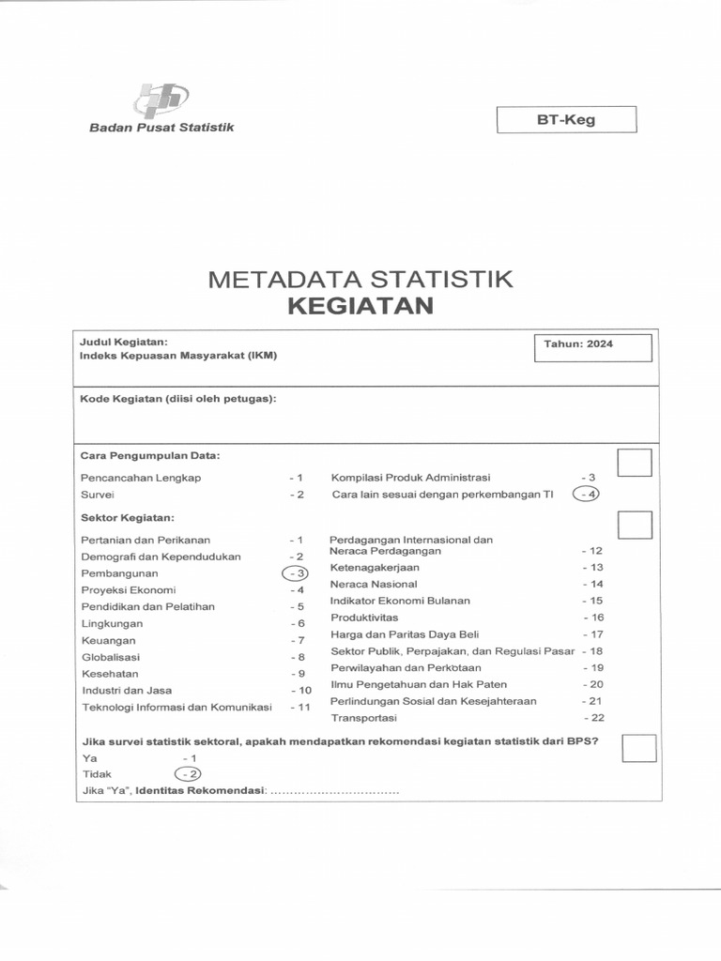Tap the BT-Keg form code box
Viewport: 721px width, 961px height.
[x=566, y=120]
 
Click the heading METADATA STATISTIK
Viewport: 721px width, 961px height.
[x=360, y=279]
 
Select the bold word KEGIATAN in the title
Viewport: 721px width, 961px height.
[x=360, y=306]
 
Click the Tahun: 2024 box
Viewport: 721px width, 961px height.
[x=591, y=345]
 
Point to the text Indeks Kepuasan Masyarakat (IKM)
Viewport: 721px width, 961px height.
[x=179, y=356]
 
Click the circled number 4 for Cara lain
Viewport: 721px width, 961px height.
[x=588, y=495]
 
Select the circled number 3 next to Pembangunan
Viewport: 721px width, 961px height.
[x=296, y=573]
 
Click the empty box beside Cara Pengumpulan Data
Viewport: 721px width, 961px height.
[x=635, y=463]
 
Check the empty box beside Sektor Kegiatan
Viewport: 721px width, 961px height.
[x=635, y=526]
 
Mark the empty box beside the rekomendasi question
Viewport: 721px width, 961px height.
[x=638, y=748]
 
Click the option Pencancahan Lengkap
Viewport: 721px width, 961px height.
[x=142, y=478]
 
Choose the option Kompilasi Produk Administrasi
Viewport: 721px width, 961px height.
[x=410, y=478]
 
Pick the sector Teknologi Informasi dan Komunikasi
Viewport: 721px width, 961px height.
[x=176, y=707]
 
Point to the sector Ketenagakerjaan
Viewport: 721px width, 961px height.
[x=375, y=568]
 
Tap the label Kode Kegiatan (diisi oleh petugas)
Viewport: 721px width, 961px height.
[x=178, y=400]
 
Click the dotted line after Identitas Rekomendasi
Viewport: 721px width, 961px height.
[x=334, y=791]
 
